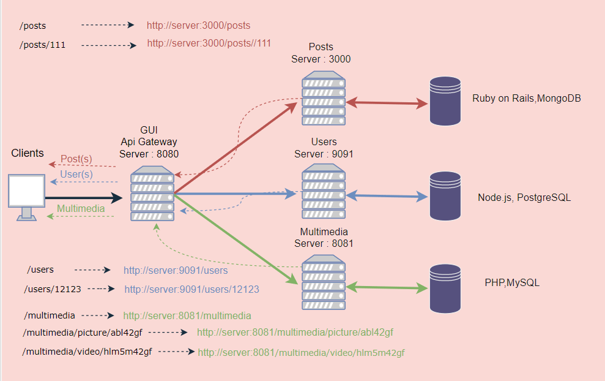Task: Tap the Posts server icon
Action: pos(323,97)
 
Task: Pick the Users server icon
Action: pos(323,192)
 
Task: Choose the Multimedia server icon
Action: pos(323,282)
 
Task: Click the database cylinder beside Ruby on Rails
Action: pos(445,100)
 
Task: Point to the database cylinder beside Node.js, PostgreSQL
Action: pos(445,195)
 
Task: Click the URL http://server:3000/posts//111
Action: pos(209,43)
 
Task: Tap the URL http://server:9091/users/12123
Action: pos(191,289)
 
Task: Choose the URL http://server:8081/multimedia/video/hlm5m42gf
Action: pos(301,353)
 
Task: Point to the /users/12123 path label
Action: pos(53,289)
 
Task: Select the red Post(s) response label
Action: pos(76,159)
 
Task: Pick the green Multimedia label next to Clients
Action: pos(81,208)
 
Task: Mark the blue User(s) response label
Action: pos(76,175)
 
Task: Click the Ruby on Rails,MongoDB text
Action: pos(525,98)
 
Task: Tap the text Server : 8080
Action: pos(149,154)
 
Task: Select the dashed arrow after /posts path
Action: pos(108,25)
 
